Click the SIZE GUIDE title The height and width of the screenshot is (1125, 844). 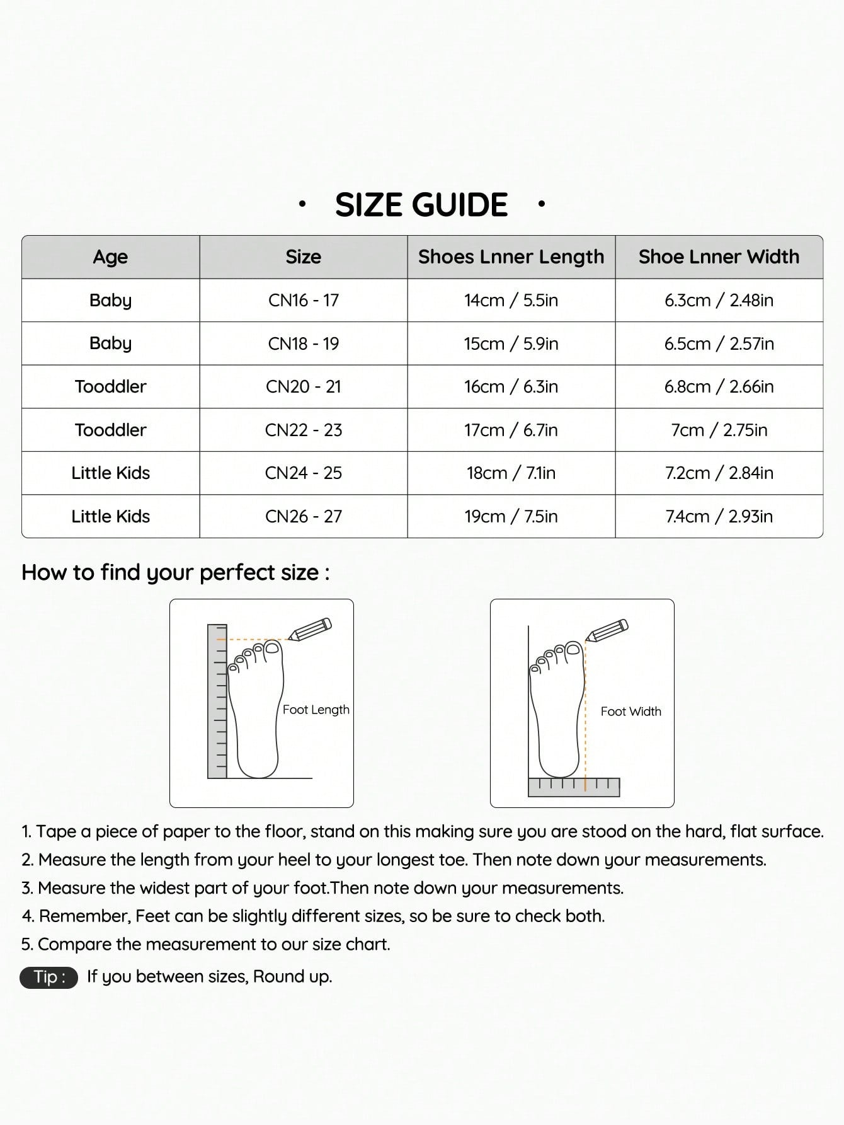click(421, 205)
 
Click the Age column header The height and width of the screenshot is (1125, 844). click(110, 257)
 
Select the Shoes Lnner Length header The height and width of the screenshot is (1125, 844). click(511, 257)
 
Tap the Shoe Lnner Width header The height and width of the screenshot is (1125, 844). click(719, 257)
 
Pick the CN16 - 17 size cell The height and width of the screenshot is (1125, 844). click(303, 301)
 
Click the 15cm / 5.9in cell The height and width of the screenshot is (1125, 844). click(511, 344)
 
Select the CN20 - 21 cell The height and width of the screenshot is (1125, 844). click(303, 387)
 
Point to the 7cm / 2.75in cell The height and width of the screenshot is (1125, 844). click(719, 430)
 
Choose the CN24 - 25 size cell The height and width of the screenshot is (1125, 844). click(303, 473)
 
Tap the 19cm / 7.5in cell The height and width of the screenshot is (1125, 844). click(511, 517)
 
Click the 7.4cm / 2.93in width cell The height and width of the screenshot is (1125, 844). click(719, 517)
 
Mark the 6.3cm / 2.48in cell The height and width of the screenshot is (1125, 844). click(719, 301)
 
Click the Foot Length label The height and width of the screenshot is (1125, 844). click(316, 710)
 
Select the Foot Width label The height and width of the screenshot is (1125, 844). click(630, 712)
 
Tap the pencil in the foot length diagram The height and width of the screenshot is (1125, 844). click(310, 629)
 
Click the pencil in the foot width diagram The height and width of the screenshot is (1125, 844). click(607, 630)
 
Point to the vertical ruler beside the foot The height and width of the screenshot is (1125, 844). click(217, 701)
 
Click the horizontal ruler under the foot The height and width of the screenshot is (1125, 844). click(573, 787)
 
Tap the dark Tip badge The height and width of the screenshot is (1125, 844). click(49, 977)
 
